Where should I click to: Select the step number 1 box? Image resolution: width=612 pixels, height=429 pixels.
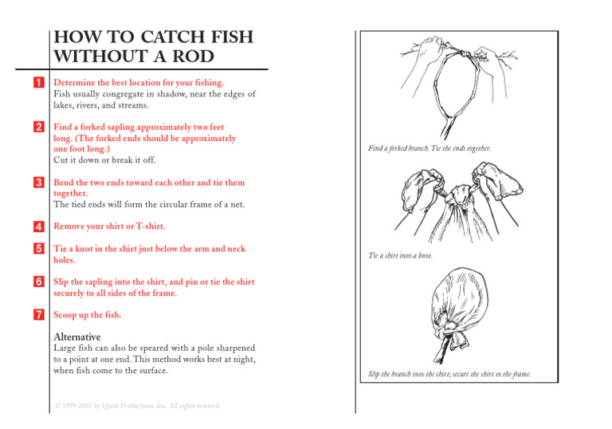pyautogui.click(x=37, y=82)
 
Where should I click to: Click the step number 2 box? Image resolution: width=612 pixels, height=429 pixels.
pyautogui.click(x=37, y=127)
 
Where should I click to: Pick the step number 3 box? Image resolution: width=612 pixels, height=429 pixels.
pyautogui.click(x=37, y=183)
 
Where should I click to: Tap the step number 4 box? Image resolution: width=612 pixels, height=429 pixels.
pyautogui.click(x=37, y=226)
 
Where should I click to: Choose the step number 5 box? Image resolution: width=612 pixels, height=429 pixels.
pyautogui.click(x=37, y=249)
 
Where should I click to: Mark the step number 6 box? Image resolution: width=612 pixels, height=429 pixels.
pyautogui.click(x=37, y=282)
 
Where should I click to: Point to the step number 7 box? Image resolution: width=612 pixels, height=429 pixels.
pyautogui.click(x=37, y=315)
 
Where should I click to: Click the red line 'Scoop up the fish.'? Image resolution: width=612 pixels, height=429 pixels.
pyautogui.click(x=87, y=315)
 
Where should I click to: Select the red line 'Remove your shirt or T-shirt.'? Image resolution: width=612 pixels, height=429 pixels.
pyautogui.click(x=109, y=226)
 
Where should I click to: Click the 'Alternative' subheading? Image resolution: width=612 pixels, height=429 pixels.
pyautogui.click(x=76, y=337)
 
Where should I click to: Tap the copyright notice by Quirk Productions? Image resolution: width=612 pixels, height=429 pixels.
pyautogui.click(x=136, y=406)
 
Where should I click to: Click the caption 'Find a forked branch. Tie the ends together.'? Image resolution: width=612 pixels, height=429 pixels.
pyautogui.click(x=429, y=148)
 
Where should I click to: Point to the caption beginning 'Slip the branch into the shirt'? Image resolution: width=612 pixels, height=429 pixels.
pyautogui.click(x=449, y=374)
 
